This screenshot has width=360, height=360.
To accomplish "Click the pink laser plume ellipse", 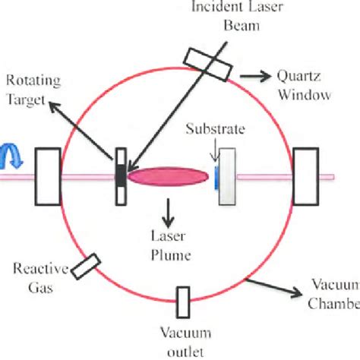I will pyautogui.click(x=168, y=177).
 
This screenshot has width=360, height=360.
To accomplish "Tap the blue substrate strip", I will pyautogui.click(x=216, y=178).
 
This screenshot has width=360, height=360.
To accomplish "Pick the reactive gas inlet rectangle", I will pyautogui.click(x=87, y=264).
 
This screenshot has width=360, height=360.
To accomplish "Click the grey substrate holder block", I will pyautogui.click(x=226, y=180).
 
